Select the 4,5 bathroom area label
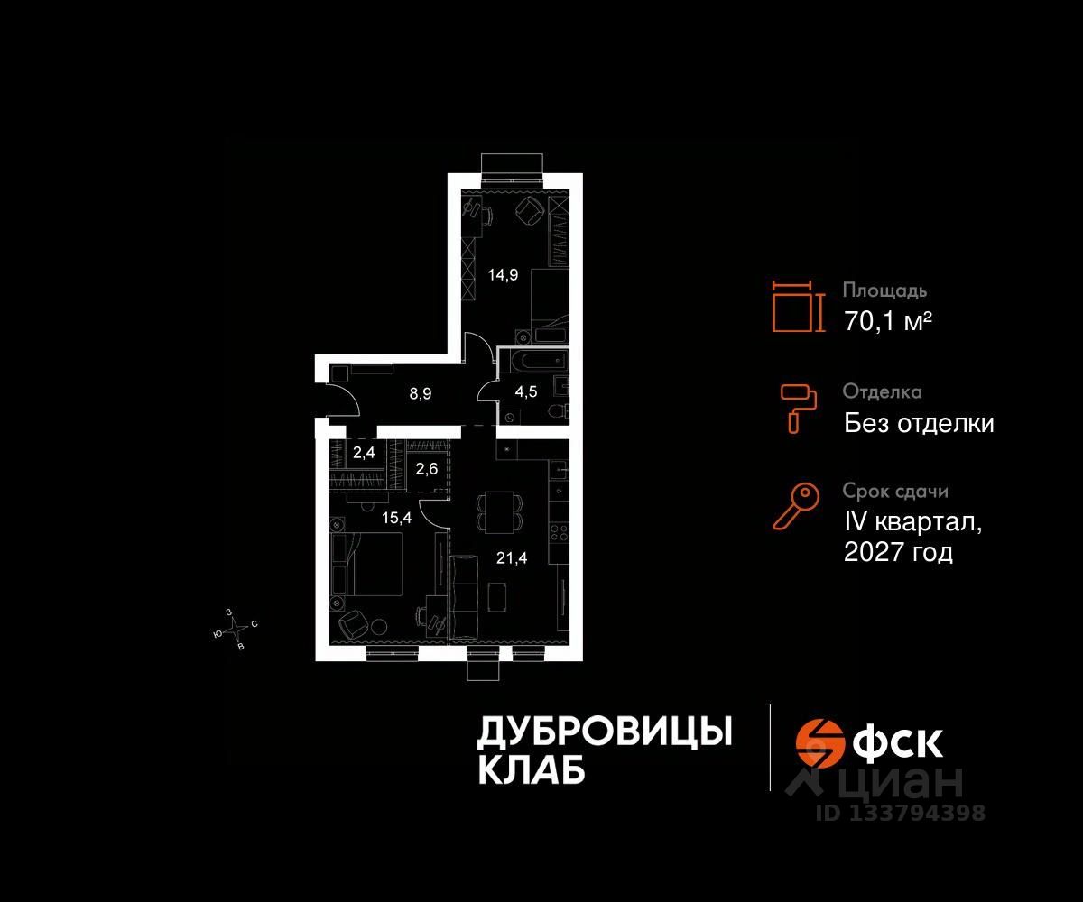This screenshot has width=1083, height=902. point(526,393)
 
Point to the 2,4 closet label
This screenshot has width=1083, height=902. point(364,454)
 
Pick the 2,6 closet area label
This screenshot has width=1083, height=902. point(426,468)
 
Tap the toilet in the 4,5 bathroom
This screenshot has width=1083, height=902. point(557,411)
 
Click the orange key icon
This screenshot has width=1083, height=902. point(796,506)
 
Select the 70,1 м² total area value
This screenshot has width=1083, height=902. point(888,321)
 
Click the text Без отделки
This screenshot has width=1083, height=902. point(919,423)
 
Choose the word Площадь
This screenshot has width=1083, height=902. point(884,291)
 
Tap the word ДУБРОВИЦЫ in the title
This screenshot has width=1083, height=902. point(604,732)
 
